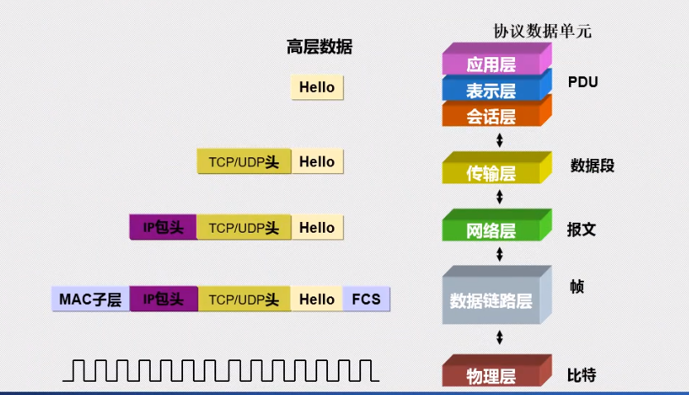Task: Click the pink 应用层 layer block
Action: point(490,64)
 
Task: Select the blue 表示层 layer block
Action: point(490,89)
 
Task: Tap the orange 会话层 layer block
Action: point(490,116)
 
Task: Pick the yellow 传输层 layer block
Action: point(490,173)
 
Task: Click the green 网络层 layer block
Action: point(490,230)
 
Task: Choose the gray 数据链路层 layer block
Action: point(490,300)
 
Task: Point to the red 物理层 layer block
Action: point(490,376)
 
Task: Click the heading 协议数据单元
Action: point(542,31)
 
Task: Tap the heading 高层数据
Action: point(319,47)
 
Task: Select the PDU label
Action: point(583,82)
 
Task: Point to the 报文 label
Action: point(581,229)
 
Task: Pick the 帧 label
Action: point(577,287)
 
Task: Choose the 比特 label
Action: point(581,374)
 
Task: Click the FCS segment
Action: point(366,299)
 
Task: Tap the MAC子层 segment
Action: point(90,299)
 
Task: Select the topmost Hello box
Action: point(317,87)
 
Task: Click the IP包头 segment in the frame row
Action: point(163,299)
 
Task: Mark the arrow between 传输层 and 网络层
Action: point(499,197)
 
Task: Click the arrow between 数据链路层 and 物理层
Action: point(499,337)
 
